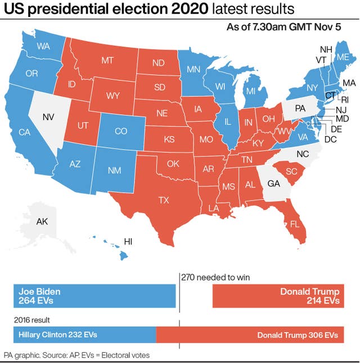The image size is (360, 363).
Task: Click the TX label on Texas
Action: [x=164, y=199]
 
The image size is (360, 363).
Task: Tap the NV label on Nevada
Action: [x=49, y=117]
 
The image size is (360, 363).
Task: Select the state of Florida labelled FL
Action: [x=295, y=224]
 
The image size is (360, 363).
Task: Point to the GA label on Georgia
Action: [x=273, y=183]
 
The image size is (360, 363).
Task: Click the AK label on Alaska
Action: [x=42, y=221]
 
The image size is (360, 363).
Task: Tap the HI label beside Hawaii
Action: [x=128, y=242]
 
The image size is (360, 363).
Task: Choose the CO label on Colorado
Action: [x=121, y=131]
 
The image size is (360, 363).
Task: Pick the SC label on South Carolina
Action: [x=291, y=171]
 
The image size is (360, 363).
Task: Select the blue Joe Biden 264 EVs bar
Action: [x=94, y=296]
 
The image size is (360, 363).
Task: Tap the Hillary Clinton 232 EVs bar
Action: [x=84, y=335]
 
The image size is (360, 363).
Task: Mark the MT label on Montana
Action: [x=107, y=60]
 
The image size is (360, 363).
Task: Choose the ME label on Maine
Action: [x=342, y=57]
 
